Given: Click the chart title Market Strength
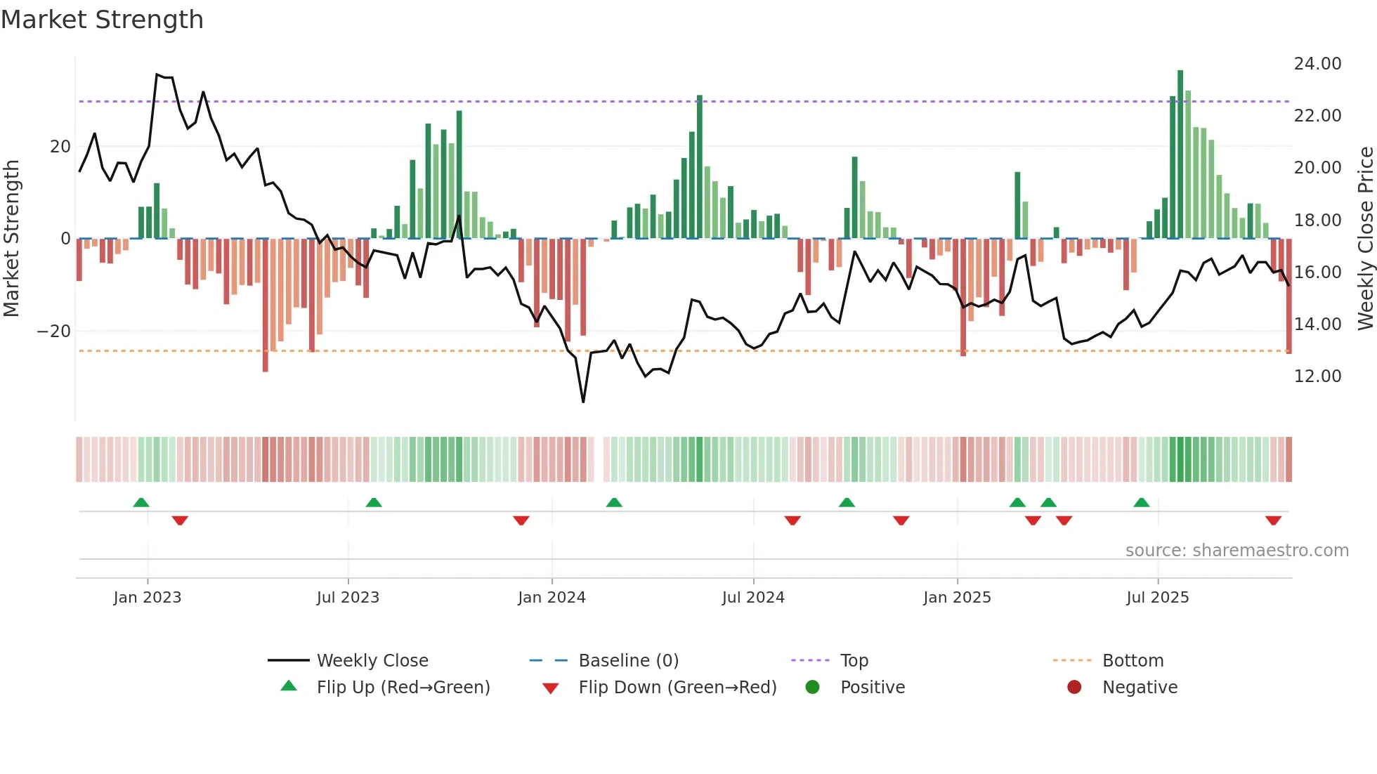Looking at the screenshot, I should coord(102,20).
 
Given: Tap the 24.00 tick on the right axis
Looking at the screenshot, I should coord(1317,64).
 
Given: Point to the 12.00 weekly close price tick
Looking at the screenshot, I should coord(1317,376).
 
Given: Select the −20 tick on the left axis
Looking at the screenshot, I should coord(54,332).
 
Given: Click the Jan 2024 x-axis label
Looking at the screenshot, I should coord(552,598).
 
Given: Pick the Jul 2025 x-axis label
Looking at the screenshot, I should coord(1157,598).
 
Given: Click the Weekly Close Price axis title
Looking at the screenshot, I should coord(1365,239).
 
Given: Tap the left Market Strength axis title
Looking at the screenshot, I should coord(11,239).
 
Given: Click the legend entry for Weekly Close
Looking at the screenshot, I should coord(372,661).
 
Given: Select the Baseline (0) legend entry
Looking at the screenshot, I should coord(628,661).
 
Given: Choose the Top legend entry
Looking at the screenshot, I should coord(854,661).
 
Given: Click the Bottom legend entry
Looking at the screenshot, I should coord(1133,661).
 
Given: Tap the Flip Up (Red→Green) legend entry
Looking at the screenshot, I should coord(403,688).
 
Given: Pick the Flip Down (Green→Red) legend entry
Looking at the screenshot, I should coord(677,688).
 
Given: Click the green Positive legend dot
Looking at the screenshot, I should coord(812,688).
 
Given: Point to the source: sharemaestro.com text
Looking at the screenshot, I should coord(1236,551).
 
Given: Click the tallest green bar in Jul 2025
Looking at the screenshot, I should coord(1180,155).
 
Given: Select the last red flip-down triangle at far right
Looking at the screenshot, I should coord(1273,520).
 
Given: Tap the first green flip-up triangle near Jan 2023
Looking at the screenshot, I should coord(141,503).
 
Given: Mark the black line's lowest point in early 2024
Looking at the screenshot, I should coord(583,401).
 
